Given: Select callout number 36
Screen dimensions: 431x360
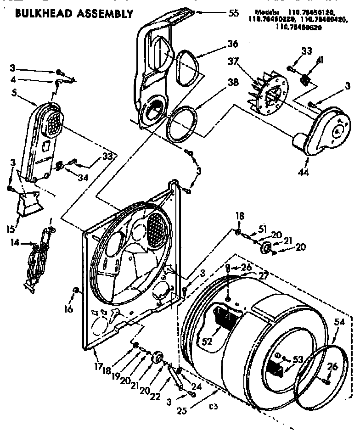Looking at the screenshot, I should click(x=232, y=44).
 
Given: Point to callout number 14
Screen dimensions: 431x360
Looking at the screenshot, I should click(x=15, y=244).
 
